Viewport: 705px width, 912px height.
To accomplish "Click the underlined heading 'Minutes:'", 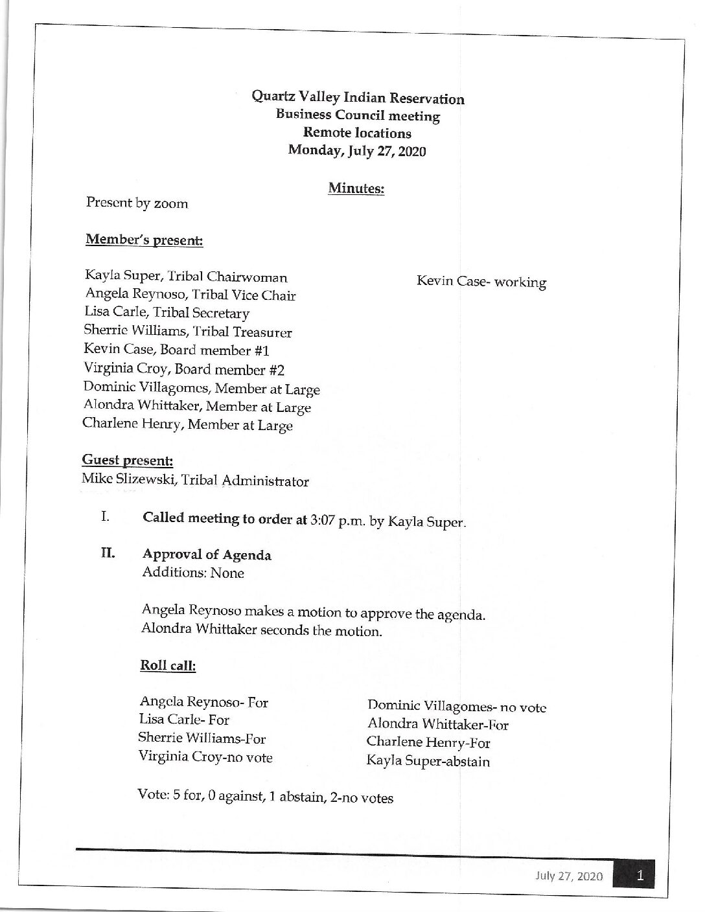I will tap(356, 188).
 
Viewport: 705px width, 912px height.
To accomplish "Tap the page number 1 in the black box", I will tap(640, 876).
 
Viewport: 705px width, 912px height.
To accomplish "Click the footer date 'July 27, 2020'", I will tap(569, 877).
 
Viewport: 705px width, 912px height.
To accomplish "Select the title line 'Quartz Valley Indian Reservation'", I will tap(358, 98).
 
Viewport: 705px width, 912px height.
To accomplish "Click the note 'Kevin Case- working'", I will tap(481, 282).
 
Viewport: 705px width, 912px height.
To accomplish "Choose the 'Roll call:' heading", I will tap(168, 665).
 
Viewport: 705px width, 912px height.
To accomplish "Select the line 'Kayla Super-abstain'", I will tap(428, 761).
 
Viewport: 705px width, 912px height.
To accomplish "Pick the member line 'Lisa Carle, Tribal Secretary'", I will tap(167, 313).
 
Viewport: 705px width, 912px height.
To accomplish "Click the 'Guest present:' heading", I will tap(127, 461).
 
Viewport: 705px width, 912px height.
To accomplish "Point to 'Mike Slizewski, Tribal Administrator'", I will tap(195, 481).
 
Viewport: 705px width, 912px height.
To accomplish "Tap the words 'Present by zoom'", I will tap(137, 203).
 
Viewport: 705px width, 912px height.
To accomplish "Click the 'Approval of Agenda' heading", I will tap(207, 555).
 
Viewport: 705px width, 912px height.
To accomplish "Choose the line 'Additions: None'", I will tap(192, 573).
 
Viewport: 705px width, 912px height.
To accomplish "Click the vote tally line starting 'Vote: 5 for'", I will tap(265, 797).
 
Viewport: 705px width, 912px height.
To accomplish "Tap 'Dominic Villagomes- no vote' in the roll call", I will tap(457, 707).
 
